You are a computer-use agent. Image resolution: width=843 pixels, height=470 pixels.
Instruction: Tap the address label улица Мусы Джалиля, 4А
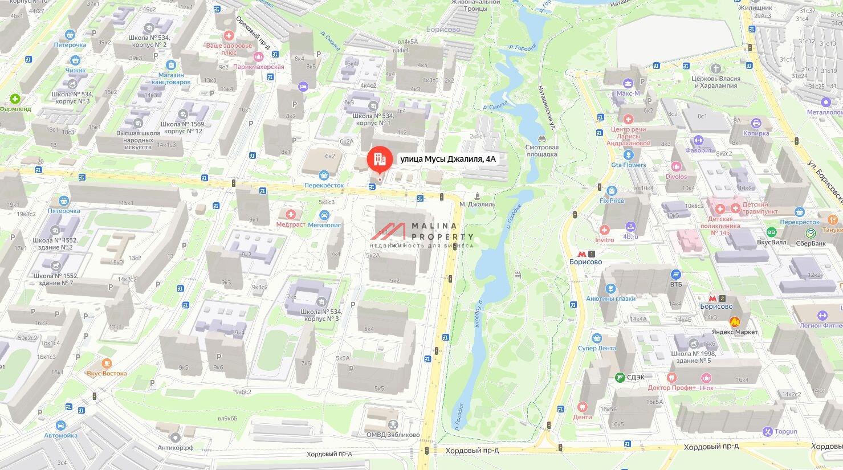tap(448, 160)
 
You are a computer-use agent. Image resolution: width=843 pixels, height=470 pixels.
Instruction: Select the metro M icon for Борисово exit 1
tap(581, 254)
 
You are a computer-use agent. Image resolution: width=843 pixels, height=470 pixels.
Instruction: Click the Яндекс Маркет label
tap(735, 332)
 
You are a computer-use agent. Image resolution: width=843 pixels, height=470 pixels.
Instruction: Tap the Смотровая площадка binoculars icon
tap(541, 138)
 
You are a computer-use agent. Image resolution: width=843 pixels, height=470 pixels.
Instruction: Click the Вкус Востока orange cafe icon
tap(107, 363)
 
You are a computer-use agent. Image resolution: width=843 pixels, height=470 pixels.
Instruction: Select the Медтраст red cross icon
tap(291, 215)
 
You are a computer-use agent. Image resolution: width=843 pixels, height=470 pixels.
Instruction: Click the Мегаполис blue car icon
tap(324, 215)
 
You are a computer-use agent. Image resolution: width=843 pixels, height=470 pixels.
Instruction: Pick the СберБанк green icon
tap(811, 233)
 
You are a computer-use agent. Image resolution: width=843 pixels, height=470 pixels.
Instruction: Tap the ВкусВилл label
tap(771, 242)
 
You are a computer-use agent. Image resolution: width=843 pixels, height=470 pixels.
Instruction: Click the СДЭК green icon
tap(620, 377)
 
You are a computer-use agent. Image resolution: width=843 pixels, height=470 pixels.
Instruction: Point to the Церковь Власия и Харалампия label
tap(715, 82)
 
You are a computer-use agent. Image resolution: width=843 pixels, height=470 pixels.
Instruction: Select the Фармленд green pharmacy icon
tap(15, 99)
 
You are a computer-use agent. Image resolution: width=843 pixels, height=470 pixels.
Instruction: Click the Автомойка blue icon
tap(61, 426)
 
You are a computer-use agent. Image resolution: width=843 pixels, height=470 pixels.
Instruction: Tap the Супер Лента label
tap(597, 348)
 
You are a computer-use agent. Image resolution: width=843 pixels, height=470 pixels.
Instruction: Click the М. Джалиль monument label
tap(477, 204)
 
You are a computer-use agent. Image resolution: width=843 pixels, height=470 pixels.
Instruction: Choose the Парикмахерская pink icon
tap(258, 57)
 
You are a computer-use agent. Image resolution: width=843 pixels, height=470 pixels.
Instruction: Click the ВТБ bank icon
tap(675, 275)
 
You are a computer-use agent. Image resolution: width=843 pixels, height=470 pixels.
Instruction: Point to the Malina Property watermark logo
tap(422, 234)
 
